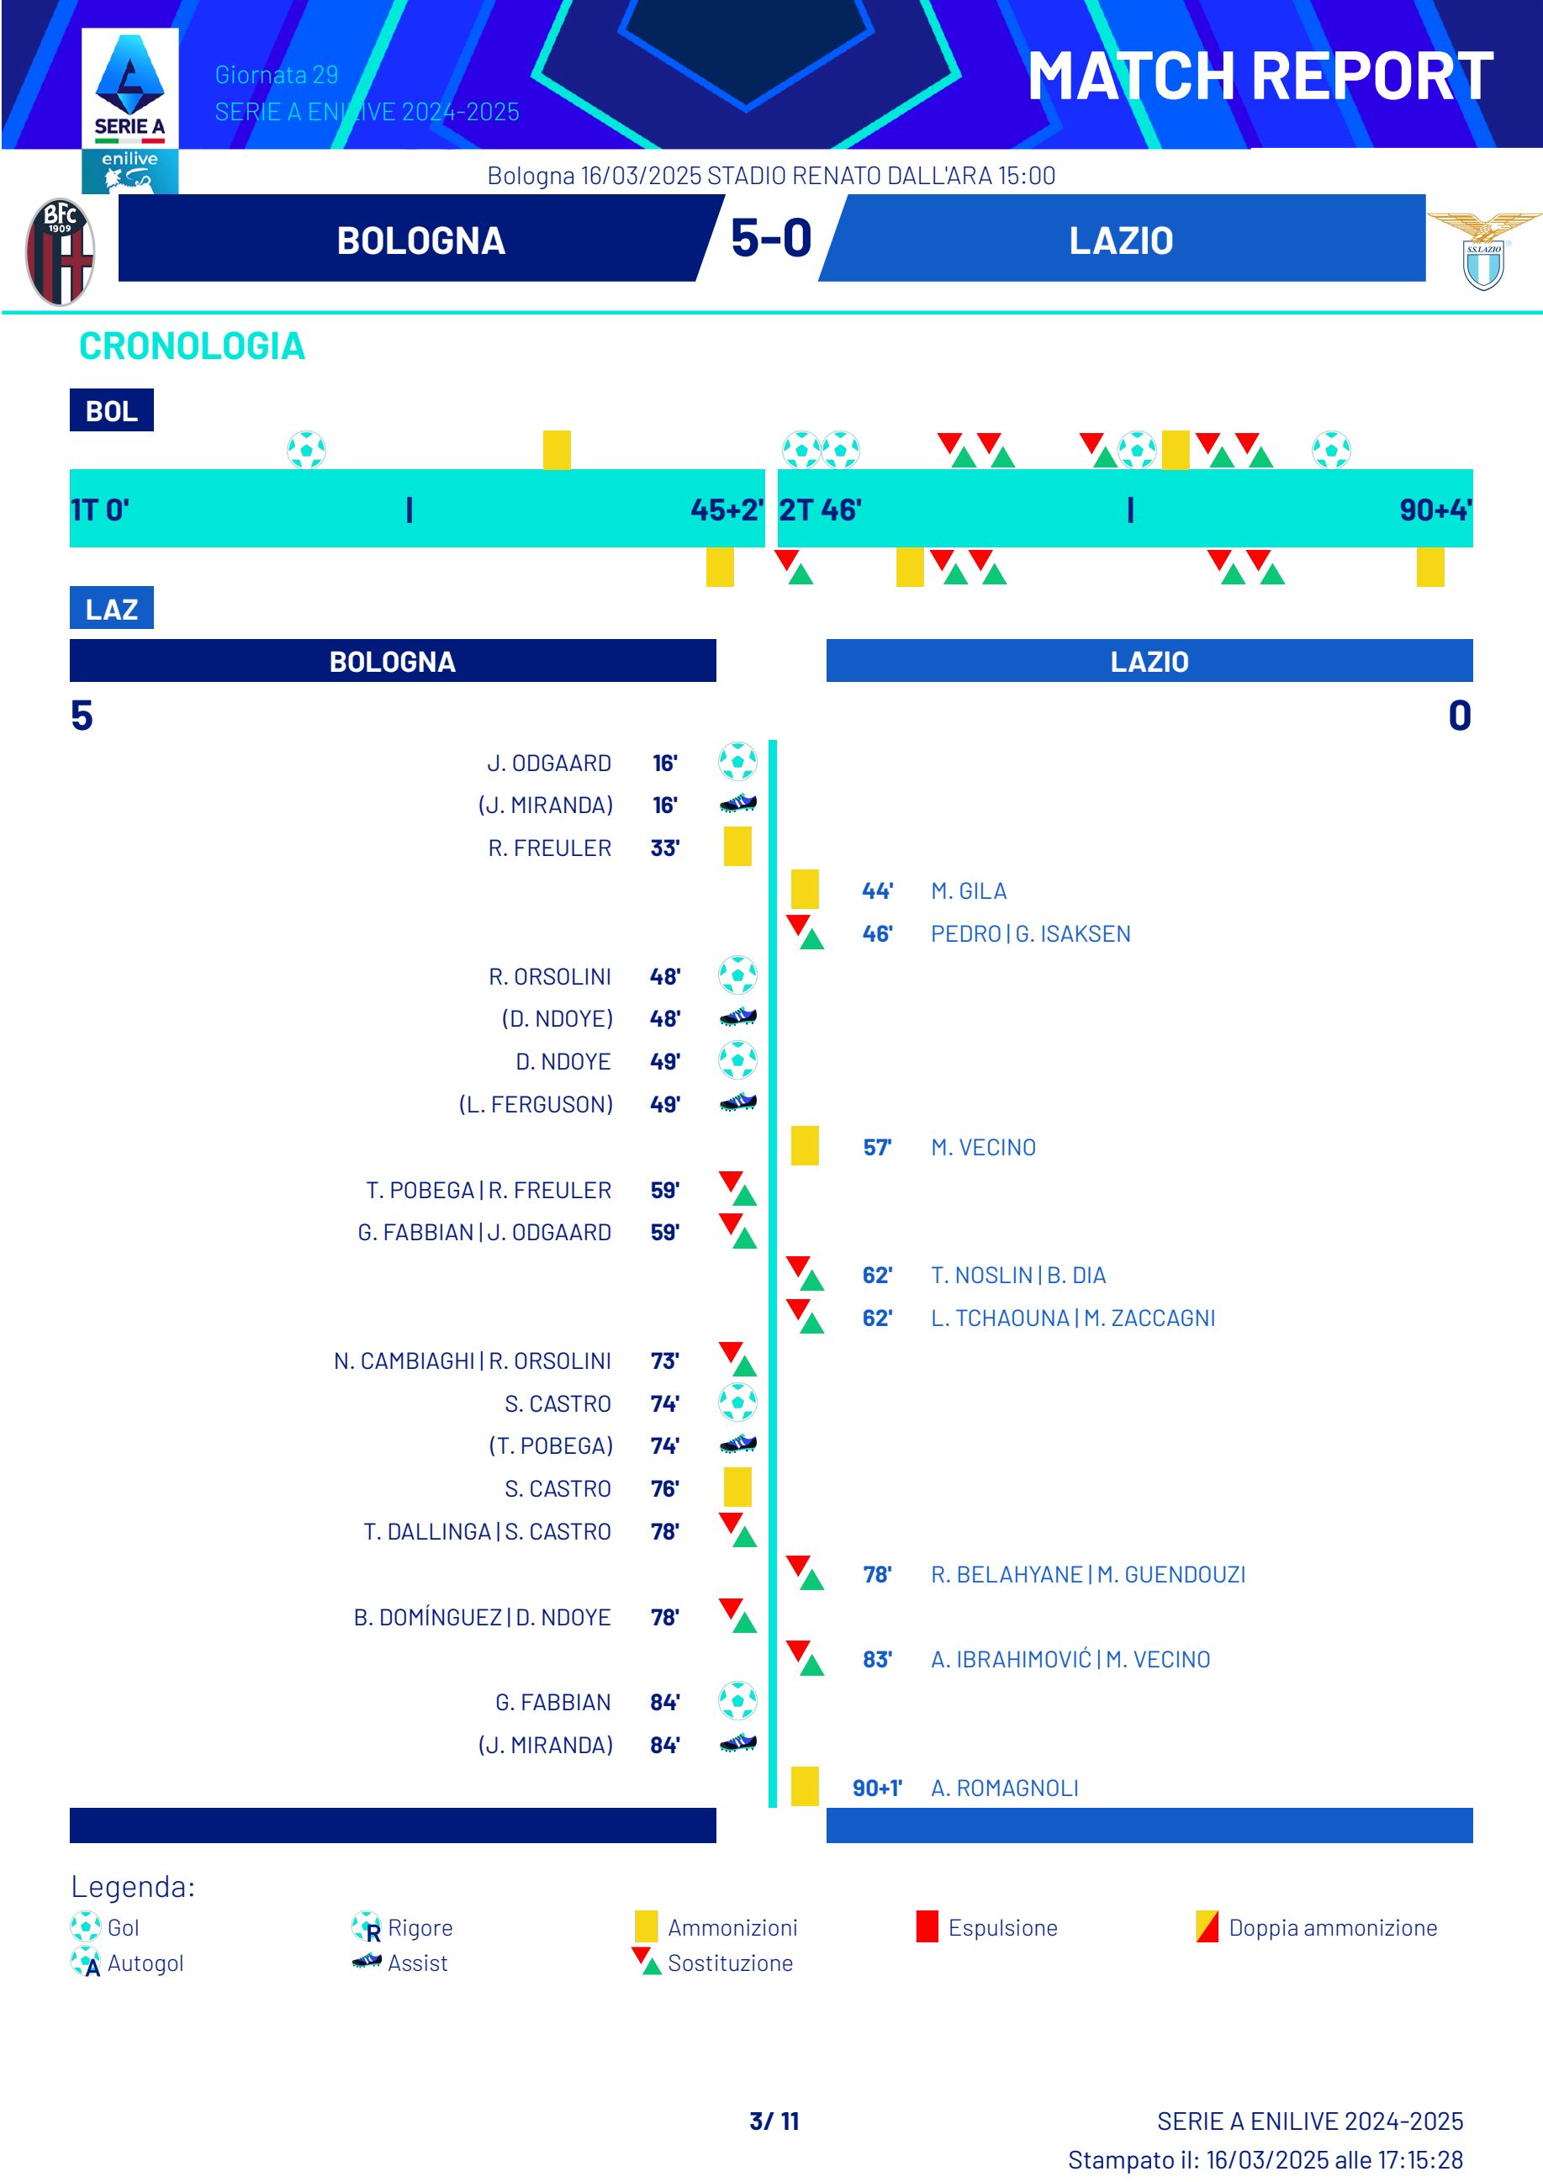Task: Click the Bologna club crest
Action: (59, 252)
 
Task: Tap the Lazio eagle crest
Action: (1483, 252)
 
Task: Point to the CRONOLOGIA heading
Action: (192, 346)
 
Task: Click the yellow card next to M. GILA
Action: (805, 890)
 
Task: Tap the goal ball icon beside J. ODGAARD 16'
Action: (737, 762)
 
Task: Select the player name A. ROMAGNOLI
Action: (1004, 1788)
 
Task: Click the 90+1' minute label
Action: (876, 1788)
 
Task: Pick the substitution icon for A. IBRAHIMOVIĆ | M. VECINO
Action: (805, 1658)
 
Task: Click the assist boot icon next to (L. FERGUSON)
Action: (737, 1103)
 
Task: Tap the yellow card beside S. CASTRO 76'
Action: (737, 1487)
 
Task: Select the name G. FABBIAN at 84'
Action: (553, 1702)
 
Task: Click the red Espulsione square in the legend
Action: (927, 1926)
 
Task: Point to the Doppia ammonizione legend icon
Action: (1207, 1926)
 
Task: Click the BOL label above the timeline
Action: (111, 410)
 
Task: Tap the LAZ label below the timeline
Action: (111, 608)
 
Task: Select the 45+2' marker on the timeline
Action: (726, 510)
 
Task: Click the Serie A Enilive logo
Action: (129, 109)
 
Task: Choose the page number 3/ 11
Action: (774, 2121)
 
